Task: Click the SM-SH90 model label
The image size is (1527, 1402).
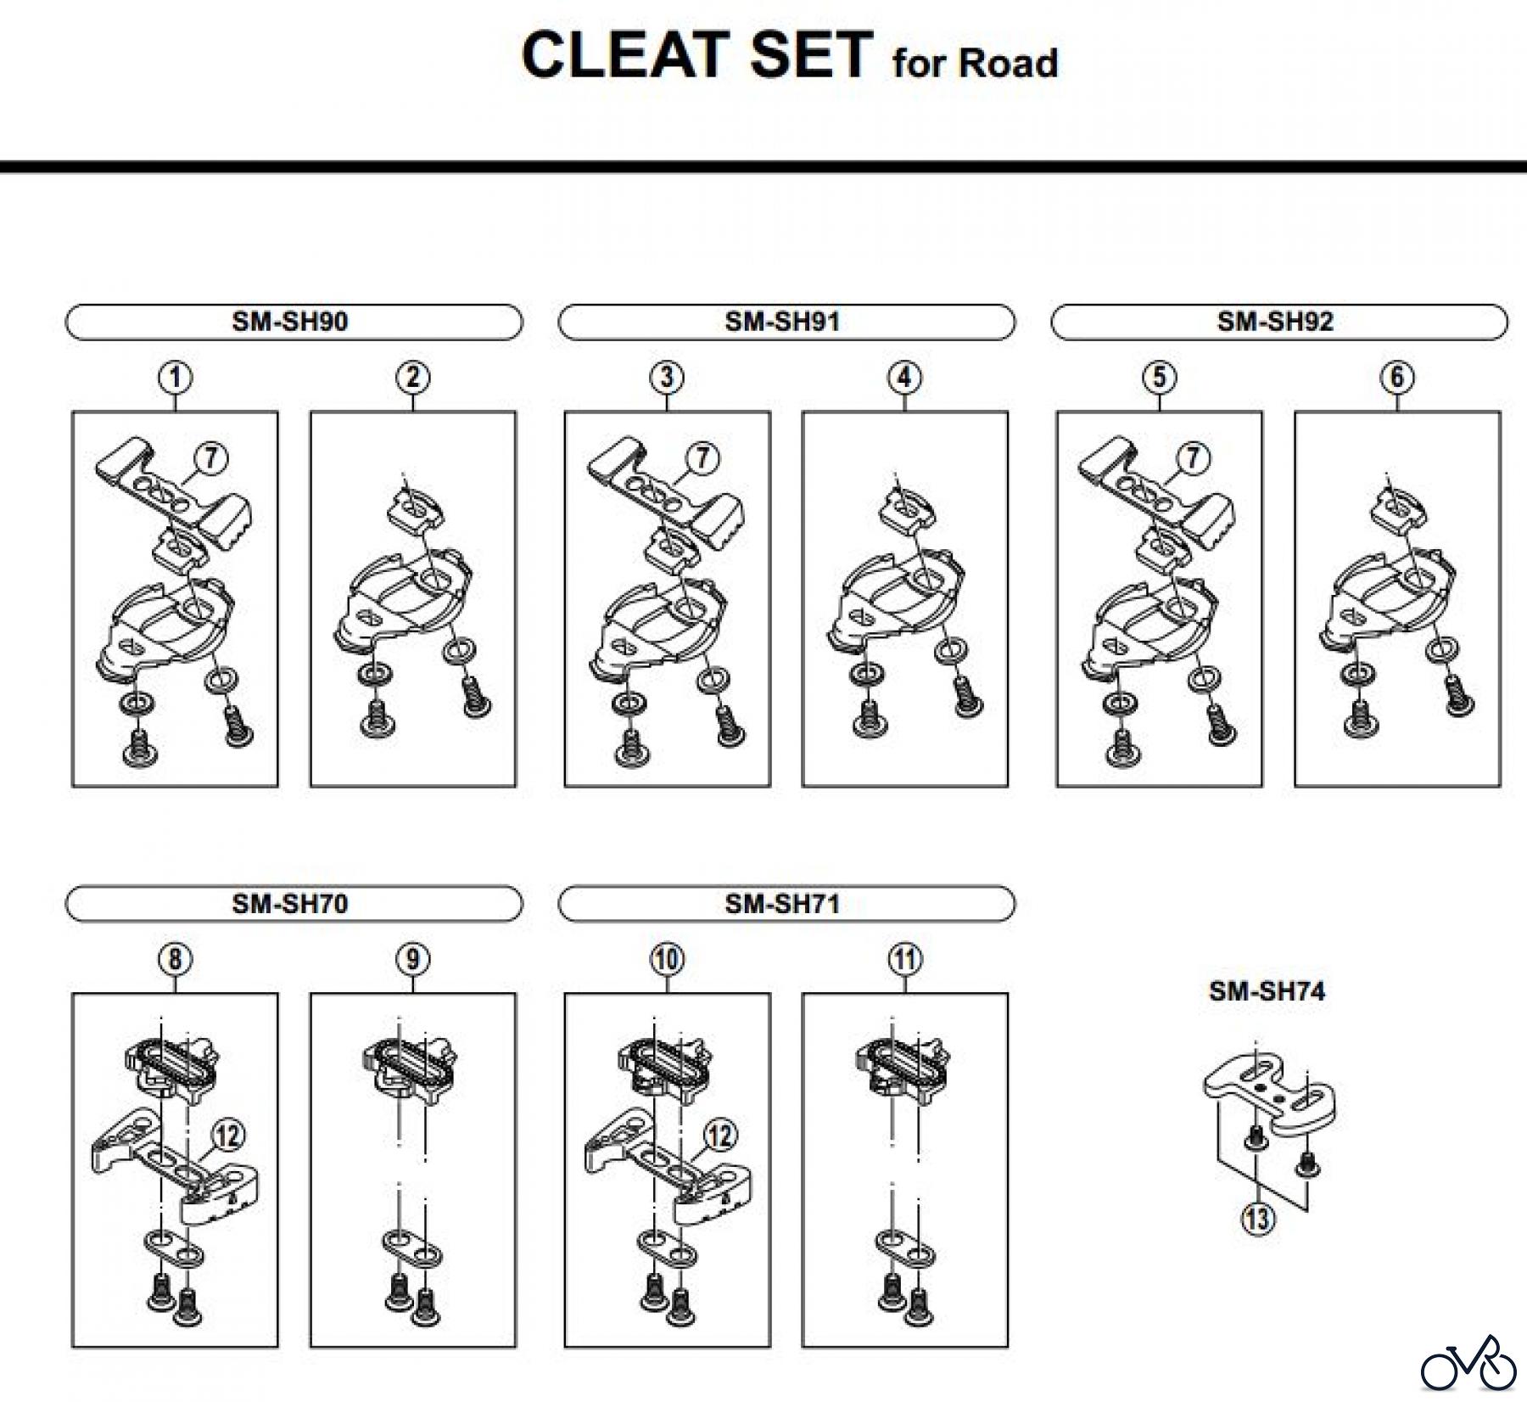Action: [290, 322]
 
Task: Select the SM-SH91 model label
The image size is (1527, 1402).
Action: [782, 322]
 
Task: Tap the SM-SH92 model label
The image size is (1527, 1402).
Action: [1275, 322]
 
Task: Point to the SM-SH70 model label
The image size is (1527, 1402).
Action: [290, 904]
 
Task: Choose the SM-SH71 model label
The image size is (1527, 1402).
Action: [782, 904]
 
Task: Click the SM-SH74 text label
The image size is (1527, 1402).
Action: [1267, 991]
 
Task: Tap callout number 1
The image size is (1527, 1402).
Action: [175, 377]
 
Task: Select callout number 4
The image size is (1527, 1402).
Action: [904, 377]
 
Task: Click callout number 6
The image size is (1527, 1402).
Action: [1397, 377]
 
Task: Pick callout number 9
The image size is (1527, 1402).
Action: [412, 959]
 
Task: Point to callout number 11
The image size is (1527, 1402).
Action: [904, 959]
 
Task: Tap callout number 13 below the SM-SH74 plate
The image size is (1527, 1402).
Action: [1257, 1219]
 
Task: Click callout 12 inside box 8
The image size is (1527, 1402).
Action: [227, 1136]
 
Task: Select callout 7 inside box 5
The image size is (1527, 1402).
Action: [1194, 458]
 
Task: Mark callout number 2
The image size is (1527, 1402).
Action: [412, 377]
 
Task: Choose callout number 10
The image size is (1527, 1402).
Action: [667, 959]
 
